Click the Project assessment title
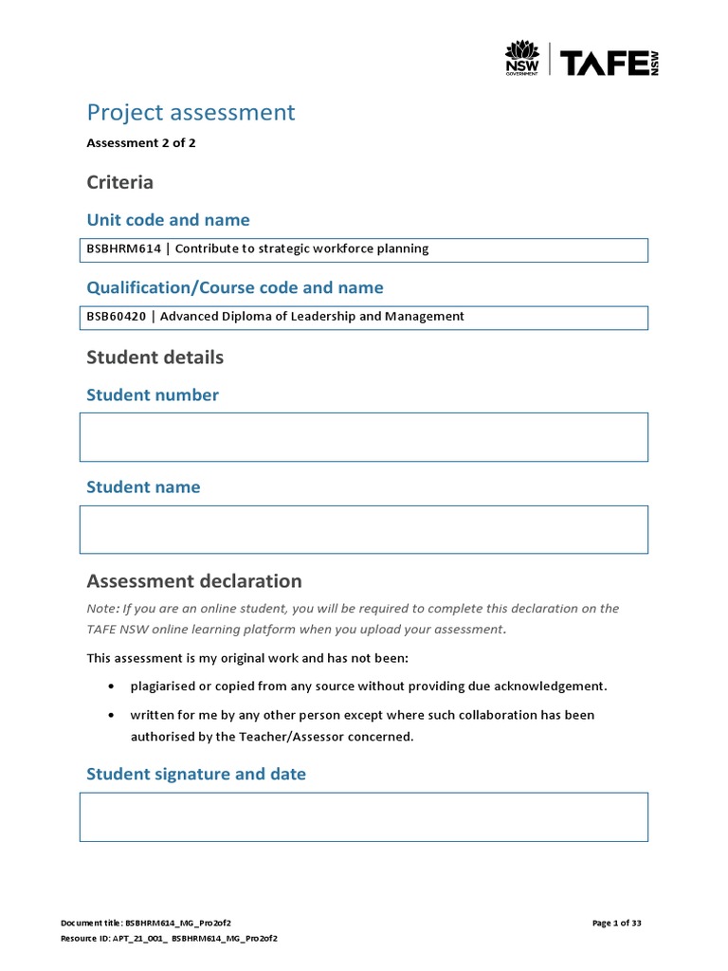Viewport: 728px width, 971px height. (191, 112)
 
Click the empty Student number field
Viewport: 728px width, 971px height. (363, 437)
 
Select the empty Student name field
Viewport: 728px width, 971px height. (363, 529)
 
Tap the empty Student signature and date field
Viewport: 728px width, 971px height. (363, 817)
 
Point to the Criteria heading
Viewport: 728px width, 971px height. (119, 182)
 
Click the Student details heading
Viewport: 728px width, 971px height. (155, 357)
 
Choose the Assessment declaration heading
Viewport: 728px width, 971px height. (193, 581)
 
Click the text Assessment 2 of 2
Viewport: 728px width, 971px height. (140, 144)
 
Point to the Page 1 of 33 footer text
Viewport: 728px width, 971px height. (617, 923)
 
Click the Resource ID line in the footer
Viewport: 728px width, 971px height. (169, 938)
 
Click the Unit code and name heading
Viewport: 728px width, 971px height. (168, 220)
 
